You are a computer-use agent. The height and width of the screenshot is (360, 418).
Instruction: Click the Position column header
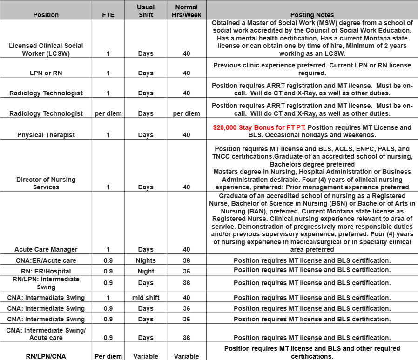[x=46, y=15]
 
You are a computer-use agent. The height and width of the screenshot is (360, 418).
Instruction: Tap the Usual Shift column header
[x=146, y=11]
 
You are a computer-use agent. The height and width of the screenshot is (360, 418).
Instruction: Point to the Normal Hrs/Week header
[x=186, y=11]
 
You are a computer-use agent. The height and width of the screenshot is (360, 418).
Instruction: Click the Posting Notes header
[x=312, y=15]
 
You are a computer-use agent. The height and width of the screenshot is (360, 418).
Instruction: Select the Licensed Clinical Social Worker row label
[x=46, y=50]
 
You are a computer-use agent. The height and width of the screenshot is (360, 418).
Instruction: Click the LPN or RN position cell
[x=46, y=73]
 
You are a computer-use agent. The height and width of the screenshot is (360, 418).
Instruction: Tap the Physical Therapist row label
[x=46, y=135]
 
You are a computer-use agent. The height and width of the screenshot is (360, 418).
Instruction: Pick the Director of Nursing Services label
[x=46, y=183]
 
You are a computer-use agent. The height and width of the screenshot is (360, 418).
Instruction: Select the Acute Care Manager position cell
[x=46, y=249]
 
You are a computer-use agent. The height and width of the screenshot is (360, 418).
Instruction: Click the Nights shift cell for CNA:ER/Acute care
[x=146, y=260]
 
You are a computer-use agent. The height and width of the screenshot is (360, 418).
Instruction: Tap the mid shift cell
[x=146, y=298]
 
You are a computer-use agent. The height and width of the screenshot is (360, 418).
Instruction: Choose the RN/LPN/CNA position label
[x=46, y=356]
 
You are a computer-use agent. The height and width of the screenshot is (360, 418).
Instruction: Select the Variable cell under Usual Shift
[x=146, y=356]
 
